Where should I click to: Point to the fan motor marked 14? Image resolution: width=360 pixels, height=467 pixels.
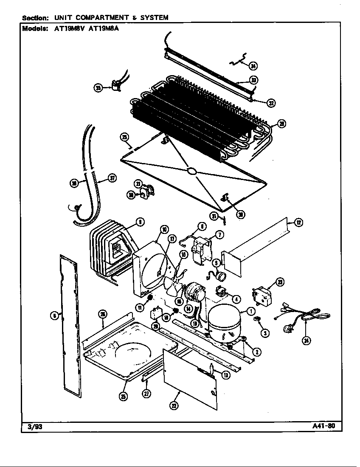pos(194,294)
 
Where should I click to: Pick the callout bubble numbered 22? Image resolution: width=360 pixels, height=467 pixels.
pos(174,405)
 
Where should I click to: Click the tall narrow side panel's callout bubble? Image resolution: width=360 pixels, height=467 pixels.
pos(54,315)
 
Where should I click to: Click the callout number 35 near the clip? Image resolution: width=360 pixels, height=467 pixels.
pos(98,88)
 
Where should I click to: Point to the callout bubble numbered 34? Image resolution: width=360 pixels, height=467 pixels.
pos(253,66)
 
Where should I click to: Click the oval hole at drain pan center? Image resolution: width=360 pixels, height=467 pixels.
pos(191,171)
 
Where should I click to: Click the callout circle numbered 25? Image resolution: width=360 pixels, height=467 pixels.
pos(123,396)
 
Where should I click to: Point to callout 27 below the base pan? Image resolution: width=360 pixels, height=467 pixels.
pos(146,394)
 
